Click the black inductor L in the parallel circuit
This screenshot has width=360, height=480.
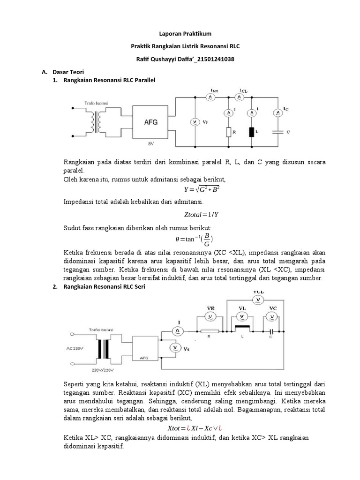(x=252, y=132)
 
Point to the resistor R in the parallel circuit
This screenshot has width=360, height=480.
(x=228, y=132)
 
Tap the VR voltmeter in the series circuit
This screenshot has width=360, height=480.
(x=211, y=316)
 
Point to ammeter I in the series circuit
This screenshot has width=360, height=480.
(x=178, y=331)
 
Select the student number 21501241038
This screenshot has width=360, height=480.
(x=216, y=60)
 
